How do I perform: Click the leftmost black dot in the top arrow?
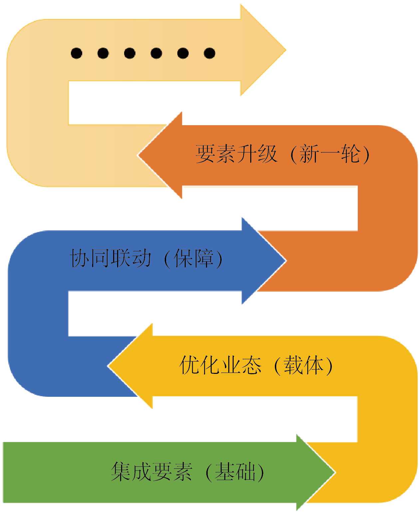pyautogui.click(x=77, y=53)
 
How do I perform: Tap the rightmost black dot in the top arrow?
pyautogui.click(x=209, y=53)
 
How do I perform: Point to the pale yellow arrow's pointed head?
pyautogui.click(x=266, y=50)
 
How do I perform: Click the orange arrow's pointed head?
pyautogui.click(x=156, y=155)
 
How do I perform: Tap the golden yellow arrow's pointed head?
pyautogui.click(x=126, y=366)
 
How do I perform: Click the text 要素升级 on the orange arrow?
pyautogui.click(x=236, y=154)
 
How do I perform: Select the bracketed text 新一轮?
pyautogui.click(x=329, y=154)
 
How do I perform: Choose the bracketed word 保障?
pyautogui.click(x=193, y=258)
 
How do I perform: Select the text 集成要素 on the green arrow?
pyautogui.click(x=151, y=471)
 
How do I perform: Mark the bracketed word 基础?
pyautogui.click(x=235, y=471)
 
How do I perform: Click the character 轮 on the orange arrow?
pyautogui.click(x=350, y=154)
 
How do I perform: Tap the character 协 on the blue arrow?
pyautogui.click(x=79, y=258)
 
